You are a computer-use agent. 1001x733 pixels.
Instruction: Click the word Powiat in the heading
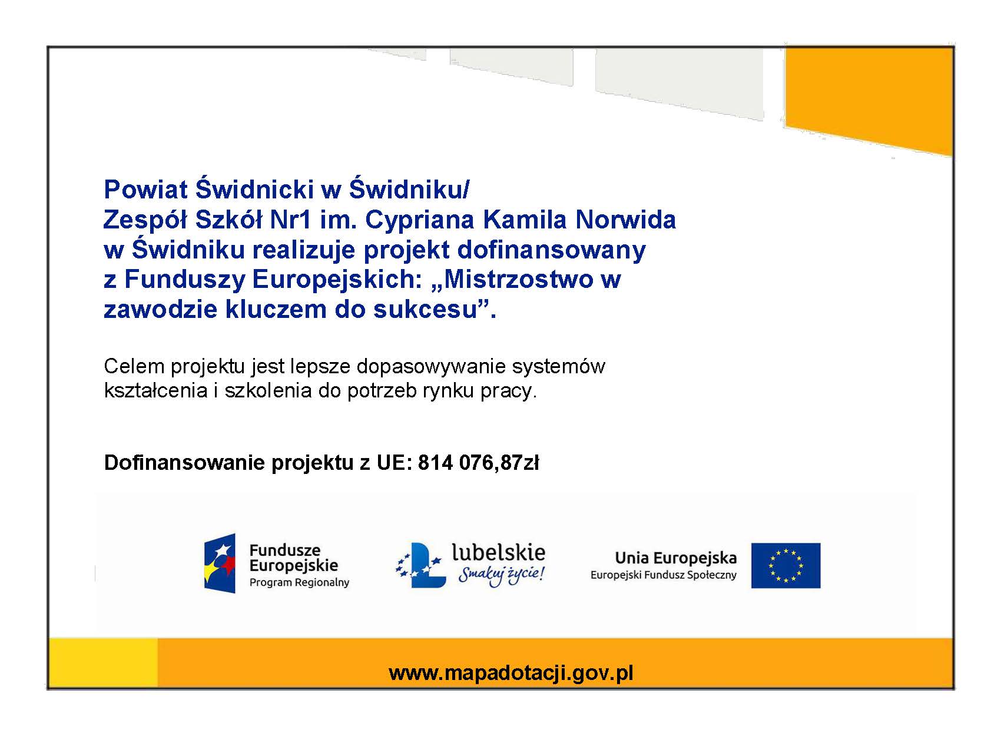(145, 190)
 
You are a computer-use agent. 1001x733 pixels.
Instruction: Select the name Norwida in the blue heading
(625, 220)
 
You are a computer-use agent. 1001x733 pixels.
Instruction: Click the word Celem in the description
(134, 366)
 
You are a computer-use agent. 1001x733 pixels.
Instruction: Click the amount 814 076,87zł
(479, 463)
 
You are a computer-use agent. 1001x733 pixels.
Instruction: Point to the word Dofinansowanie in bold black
(185, 463)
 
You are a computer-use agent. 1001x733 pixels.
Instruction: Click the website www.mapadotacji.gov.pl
(511, 673)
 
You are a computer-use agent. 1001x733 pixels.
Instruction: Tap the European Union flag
(785, 565)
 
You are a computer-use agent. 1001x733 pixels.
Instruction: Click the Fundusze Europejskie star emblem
(220, 563)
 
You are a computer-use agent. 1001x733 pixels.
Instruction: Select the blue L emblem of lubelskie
(420, 565)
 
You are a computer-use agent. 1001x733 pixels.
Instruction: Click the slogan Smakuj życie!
(502, 575)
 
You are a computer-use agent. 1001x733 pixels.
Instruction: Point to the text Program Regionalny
(299, 583)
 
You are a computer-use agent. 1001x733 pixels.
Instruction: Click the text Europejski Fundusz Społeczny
(663, 575)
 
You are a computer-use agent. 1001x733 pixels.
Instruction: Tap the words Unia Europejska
(676, 558)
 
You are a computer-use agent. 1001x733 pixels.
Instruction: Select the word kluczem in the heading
(276, 309)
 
